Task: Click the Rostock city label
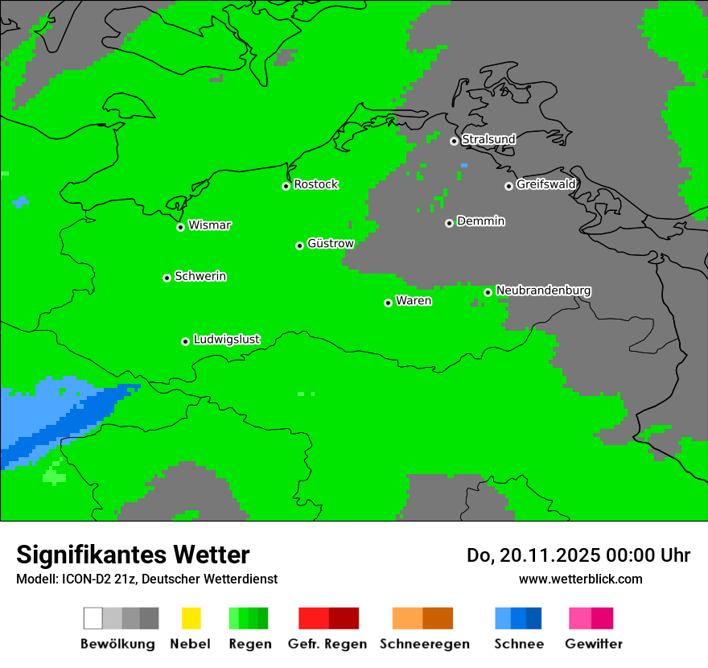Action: (x=315, y=184)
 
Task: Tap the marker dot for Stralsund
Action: (x=454, y=141)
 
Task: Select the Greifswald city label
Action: (x=545, y=184)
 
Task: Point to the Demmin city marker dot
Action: (x=449, y=223)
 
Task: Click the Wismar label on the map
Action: (x=209, y=225)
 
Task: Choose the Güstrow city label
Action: (x=330, y=244)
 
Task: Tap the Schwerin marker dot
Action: (x=167, y=278)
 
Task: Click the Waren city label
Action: (x=414, y=301)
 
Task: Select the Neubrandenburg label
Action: (x=543, y=291)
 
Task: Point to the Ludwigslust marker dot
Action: (x=185, y=341)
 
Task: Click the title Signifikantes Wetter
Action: (x=133, y=555)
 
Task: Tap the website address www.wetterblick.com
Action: (x=580, y=579)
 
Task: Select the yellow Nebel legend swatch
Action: (x=191, y=618)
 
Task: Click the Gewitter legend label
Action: (x=593, y=644)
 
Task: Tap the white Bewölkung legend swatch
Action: (x=93, y=618)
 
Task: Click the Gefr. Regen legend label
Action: (x=327, y=644)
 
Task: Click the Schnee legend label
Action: (x=518, y=644)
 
